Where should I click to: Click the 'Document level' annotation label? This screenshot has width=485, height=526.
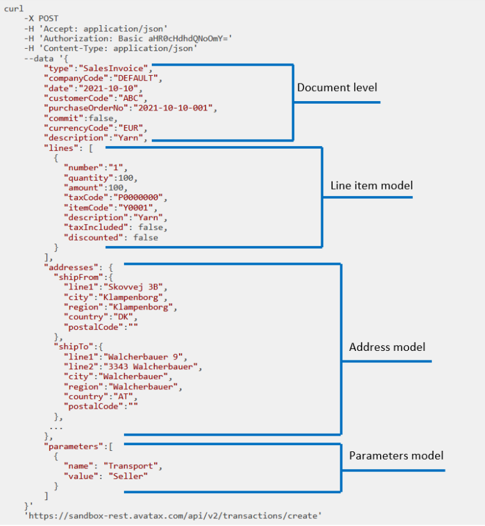[341, 87]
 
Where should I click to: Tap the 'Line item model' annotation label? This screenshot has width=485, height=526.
[372, 186]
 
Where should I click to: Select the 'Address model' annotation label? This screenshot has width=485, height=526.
[387, 347]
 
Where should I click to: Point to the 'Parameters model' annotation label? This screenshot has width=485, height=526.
[396, 455]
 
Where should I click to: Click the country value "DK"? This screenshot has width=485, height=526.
[119, 317]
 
